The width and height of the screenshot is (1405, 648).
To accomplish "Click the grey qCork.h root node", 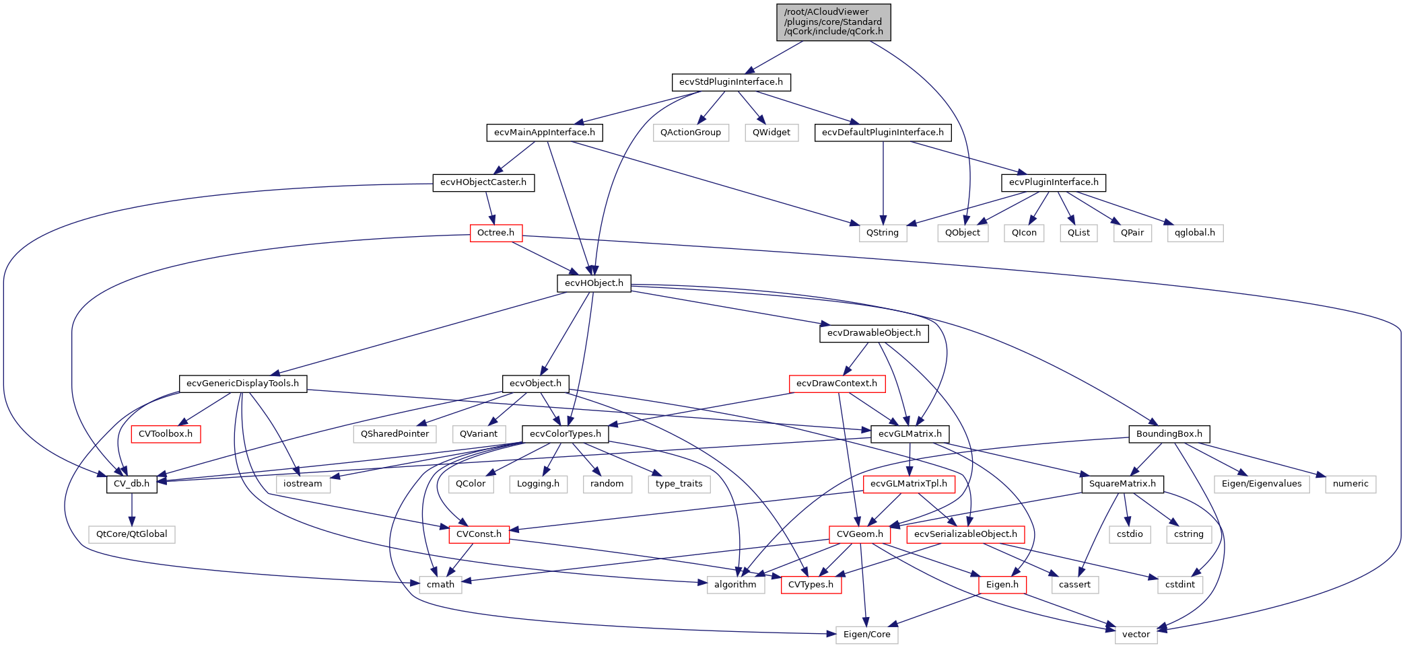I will [x=833, y=22].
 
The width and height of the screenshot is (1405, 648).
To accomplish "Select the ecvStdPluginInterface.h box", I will [x=730, y=82].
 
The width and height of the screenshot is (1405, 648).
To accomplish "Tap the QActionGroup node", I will [x=690, y=133].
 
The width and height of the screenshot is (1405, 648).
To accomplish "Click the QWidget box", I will [x=771, y=133].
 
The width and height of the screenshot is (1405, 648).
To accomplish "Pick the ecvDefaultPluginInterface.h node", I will [x=883, y=133].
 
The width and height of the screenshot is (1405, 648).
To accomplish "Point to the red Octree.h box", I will [x=495, y=233].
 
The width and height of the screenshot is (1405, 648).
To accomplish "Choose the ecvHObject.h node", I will [x=594, y=283].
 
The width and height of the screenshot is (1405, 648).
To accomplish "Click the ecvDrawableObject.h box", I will [x=874, y=333].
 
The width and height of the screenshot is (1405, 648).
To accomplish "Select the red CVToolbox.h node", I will [x=165, y=434].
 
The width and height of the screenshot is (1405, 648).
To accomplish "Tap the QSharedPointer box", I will [x=395, y=434].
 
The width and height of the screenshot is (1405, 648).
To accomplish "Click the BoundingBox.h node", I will [x=1169, y=434].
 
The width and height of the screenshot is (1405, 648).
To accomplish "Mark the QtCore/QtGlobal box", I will [x=131, y=534].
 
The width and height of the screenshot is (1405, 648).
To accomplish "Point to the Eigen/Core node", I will [x=866, y=635].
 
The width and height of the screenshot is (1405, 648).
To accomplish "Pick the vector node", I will [x=1136, y=635].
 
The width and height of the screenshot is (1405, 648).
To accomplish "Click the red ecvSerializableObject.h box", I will [x=965, y=534].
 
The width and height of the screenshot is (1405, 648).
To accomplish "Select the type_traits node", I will [x=679, y=484].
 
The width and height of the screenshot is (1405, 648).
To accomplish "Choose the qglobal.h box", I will [x=1195, y=233].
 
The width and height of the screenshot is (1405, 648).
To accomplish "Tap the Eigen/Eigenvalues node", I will [x=1262, y=484].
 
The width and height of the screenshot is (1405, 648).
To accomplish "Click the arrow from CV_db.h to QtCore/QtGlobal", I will [x=132, y=509].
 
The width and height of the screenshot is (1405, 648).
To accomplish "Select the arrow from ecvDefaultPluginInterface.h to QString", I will [x=883, y=182].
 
